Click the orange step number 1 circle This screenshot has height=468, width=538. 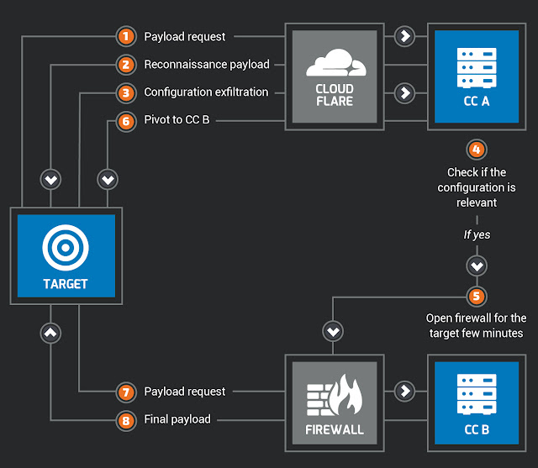point(125,37)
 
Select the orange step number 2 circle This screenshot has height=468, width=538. point(125,65)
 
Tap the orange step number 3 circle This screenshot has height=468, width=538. point(125,92)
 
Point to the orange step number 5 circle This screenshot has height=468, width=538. point(477,296)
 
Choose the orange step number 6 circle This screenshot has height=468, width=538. point(125,121)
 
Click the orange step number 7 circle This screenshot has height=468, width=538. point(125,392)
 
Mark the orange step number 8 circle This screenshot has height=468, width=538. point(125,419)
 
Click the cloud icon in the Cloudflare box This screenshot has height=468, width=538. point(334,63)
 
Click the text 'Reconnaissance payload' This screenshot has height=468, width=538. point(207,65)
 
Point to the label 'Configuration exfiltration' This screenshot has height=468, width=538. point(206,92)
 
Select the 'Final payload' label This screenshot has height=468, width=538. point(177,419)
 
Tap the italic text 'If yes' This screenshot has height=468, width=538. point(477,235)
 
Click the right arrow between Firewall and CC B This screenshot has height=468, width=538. point(404,392)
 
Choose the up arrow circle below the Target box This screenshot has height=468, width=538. point(51,333)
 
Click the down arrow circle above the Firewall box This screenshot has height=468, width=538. point(334,333)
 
